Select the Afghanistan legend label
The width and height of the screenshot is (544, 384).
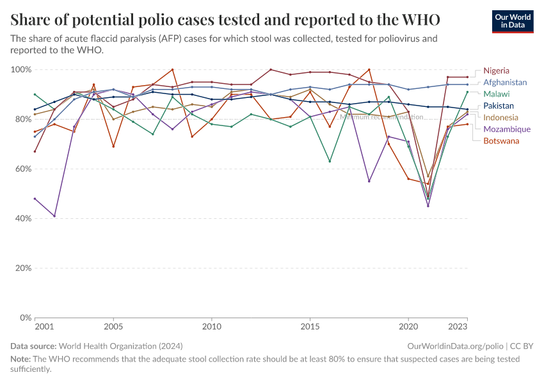coord(505,82)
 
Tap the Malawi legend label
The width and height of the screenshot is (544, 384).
coord(496,94)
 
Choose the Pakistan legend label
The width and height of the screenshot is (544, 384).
coord(499,106)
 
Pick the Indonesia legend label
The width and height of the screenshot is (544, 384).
coord(501,117)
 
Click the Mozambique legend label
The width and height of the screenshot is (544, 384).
coord(507,129)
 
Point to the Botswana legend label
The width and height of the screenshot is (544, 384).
coord(501,141)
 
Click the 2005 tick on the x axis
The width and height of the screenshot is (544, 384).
coord(113,326)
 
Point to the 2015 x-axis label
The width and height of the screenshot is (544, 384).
coord(310,326)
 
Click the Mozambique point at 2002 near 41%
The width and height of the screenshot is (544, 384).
coord(54,216)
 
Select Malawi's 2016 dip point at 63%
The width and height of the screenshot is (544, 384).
coord(330,161)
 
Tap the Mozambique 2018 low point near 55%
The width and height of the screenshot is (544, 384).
coord(369,181)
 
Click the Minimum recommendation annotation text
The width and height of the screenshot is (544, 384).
coord(381,117)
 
